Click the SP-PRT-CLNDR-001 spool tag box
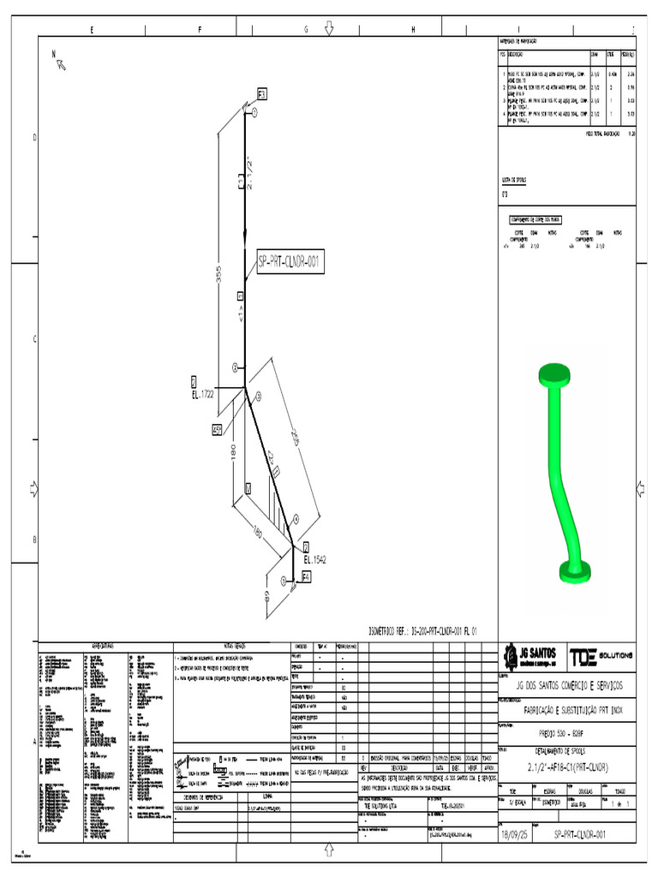(289, 264)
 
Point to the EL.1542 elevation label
(314, 559)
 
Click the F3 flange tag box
(262, 92)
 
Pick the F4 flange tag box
(306, 579)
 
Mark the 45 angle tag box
(218, 431)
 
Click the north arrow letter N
(53, 53)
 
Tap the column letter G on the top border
(306, 30)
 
